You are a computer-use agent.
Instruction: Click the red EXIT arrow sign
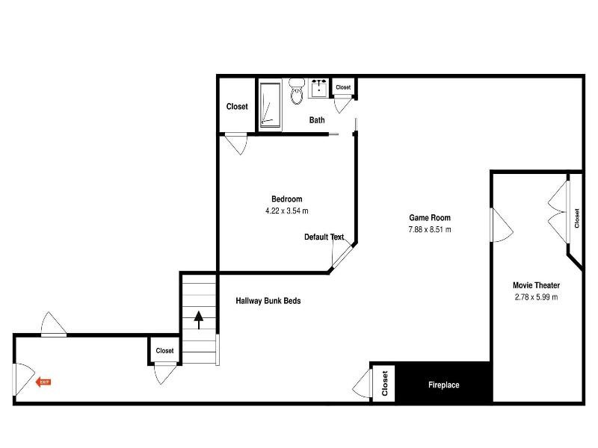point(43,382)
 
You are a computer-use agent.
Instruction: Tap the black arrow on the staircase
point(198,320)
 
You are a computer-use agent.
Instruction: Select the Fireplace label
point(443,385)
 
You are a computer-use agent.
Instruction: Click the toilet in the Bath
point(296,91)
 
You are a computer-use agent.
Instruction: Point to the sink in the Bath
point(318,88)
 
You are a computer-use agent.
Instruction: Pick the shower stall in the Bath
point(271,105)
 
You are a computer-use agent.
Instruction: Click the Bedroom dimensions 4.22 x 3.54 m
point(287,211)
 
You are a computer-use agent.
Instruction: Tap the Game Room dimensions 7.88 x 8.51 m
point(430,229)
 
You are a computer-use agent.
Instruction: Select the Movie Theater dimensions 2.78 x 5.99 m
point(536,297)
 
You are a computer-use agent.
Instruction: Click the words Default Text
point(324,237)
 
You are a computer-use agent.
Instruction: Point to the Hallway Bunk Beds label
point(268,301)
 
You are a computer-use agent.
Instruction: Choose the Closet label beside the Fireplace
point(385,384)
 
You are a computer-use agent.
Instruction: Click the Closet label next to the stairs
point(164,350)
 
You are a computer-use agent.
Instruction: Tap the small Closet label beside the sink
point(343,87)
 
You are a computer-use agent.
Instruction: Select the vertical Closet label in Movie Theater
point(576,218)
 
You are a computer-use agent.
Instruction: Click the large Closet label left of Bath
point(237,106)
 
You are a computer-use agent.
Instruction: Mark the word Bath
point(317,120)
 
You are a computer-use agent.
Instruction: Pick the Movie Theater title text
point(536,285)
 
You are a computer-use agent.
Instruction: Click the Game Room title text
point(430,217)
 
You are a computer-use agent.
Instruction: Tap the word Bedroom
point(287,199)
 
